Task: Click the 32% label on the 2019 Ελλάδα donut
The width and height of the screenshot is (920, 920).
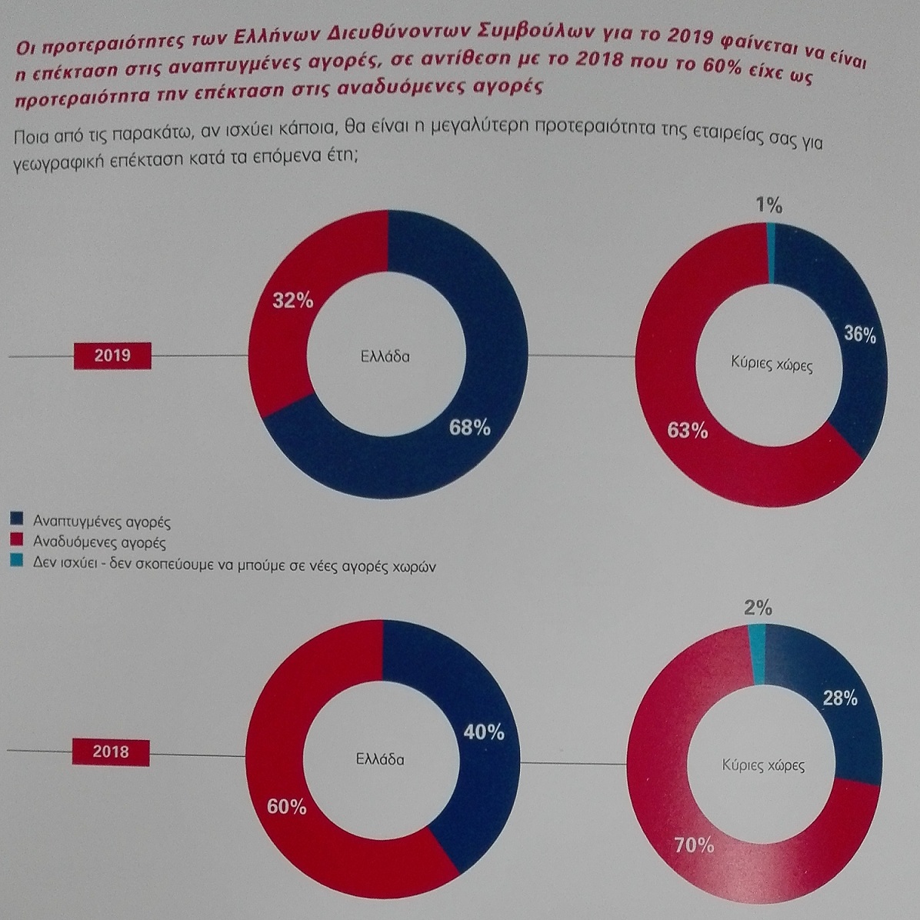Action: point(293,301)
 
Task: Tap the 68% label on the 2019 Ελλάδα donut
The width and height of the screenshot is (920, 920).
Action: point(469,427)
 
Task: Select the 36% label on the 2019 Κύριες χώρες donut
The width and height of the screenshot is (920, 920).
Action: point(860,334)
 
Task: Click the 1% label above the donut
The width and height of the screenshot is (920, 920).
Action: point(768,205)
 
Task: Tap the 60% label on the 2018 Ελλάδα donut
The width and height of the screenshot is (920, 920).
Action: point(287,807)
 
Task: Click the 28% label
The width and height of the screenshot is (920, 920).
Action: point(840,698)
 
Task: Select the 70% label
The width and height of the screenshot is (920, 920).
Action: point(695,845)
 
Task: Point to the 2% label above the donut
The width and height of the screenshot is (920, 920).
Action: point(758,607)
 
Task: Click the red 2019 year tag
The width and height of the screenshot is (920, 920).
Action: point(112,355)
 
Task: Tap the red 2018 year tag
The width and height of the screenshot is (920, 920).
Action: point(111,752)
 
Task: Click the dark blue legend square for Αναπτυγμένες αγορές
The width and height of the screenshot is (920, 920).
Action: point(17,518)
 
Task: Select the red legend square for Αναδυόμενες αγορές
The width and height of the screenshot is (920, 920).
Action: point(17,538)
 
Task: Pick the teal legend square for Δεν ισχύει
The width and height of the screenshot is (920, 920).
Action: point(17,560)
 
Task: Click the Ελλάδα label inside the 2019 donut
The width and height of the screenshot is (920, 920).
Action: point(385,356)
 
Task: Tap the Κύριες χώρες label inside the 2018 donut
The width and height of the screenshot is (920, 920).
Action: point(763,765)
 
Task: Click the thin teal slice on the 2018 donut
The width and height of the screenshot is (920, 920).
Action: point(758,654)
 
